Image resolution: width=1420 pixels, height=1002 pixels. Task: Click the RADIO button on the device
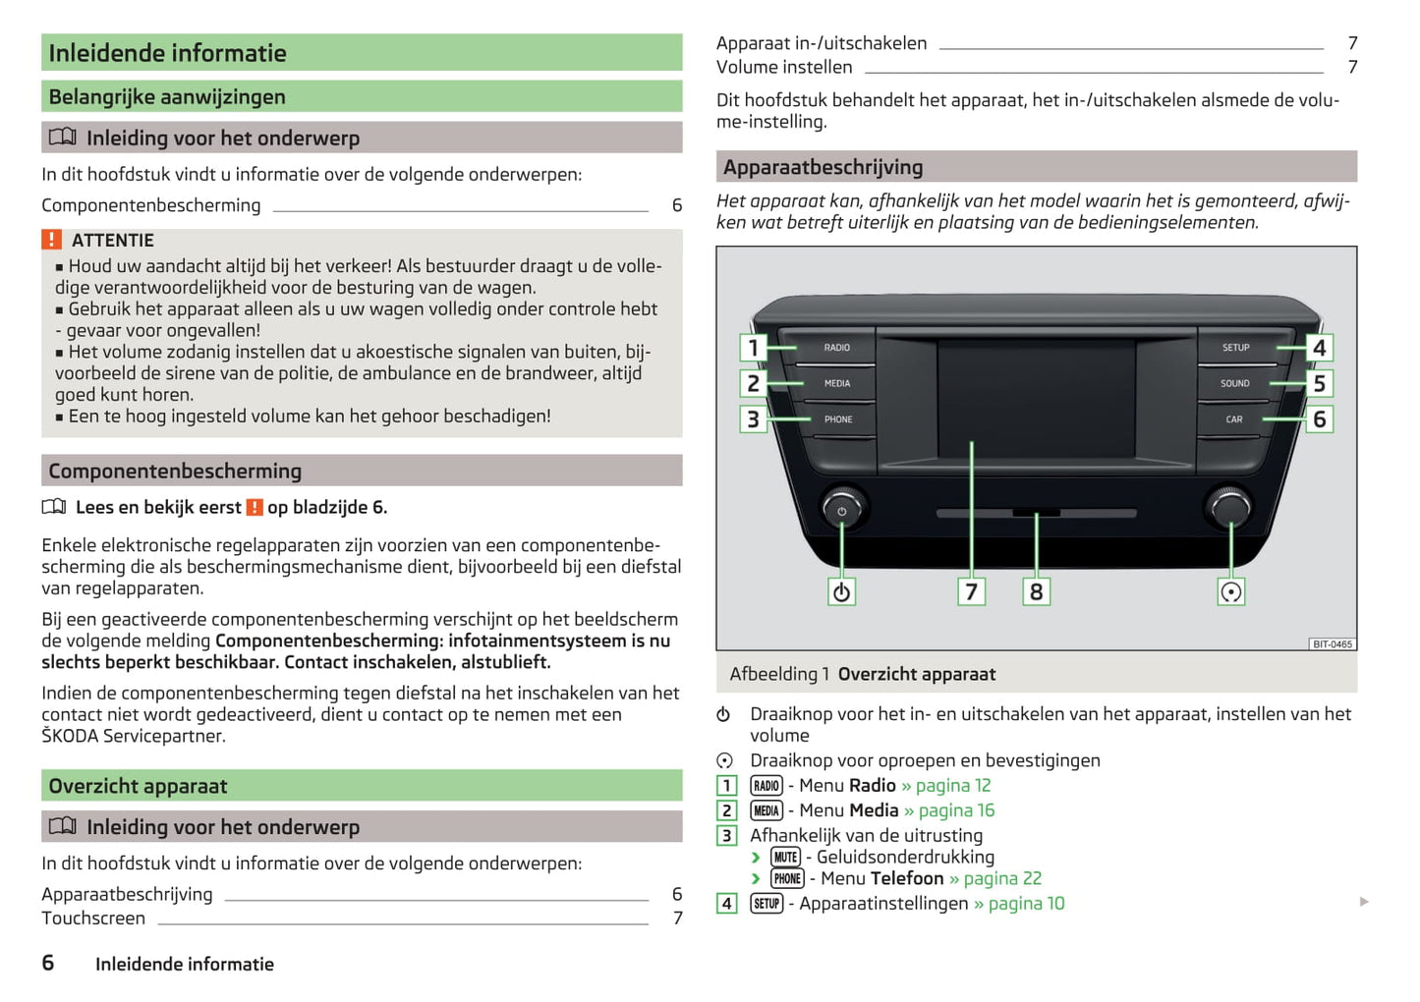click(836, 348)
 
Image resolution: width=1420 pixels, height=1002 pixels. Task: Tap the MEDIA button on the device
click(836, 383)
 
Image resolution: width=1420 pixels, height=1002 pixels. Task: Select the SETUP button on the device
click(1235, 348)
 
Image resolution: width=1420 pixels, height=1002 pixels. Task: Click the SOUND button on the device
click(1234, 383)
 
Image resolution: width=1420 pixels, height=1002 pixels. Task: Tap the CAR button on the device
click(1233, 419)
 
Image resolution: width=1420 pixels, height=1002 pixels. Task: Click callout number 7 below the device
click(971, 591)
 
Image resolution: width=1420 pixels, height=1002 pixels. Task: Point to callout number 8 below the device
click(1036, 591)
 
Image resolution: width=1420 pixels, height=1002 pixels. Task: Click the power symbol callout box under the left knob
click(841, 591)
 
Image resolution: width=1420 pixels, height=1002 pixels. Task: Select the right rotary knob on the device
click(1229, 508)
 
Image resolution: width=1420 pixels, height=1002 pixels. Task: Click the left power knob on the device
click(841, 510)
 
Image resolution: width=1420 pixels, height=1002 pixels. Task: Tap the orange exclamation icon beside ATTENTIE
click(51, 240)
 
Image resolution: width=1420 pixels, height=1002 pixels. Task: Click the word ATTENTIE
click(113, 241)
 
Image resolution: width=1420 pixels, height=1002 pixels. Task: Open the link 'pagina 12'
click(952, 786)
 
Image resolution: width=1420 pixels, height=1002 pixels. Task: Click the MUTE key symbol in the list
click(785, 858)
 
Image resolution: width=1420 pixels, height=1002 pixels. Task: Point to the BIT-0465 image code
click(1333, 644)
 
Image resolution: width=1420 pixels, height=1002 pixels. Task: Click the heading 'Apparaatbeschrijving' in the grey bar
click(824, 167)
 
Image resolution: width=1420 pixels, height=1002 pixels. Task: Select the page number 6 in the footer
click(47, 963)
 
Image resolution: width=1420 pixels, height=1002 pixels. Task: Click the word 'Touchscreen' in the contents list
click(93, 918)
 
